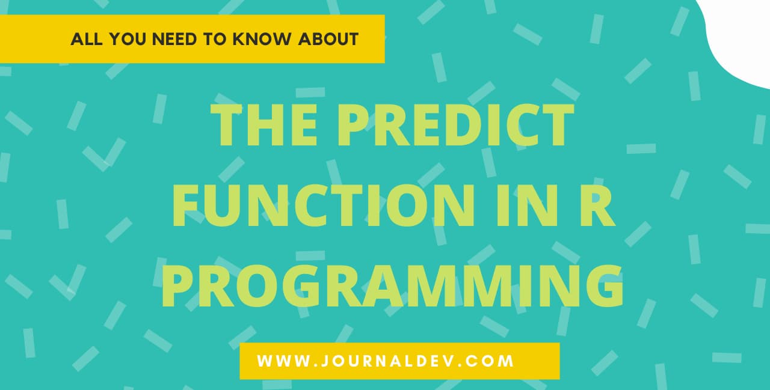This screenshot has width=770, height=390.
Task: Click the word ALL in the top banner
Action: tap(83, 40)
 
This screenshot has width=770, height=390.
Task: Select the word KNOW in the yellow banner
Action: tap(266, 40)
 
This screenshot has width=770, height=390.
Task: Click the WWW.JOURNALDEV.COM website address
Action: tap(386, 361)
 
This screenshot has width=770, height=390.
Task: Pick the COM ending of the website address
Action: tap(491, 361)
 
